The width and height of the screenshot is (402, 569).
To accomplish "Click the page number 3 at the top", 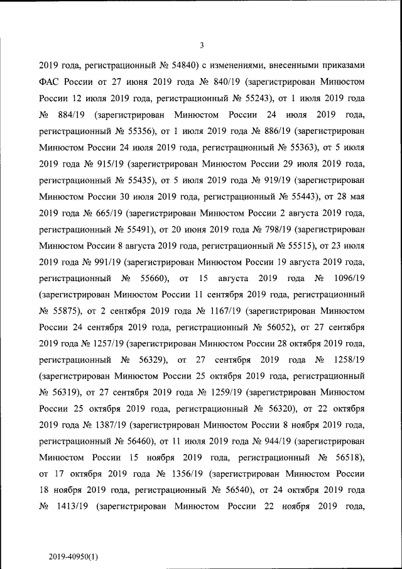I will pos(202,45).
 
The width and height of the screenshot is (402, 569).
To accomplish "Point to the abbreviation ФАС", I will pos(50,82).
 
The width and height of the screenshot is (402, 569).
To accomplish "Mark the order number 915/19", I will pos(107,164).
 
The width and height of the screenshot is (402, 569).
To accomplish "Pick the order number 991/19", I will pos(107,262).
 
